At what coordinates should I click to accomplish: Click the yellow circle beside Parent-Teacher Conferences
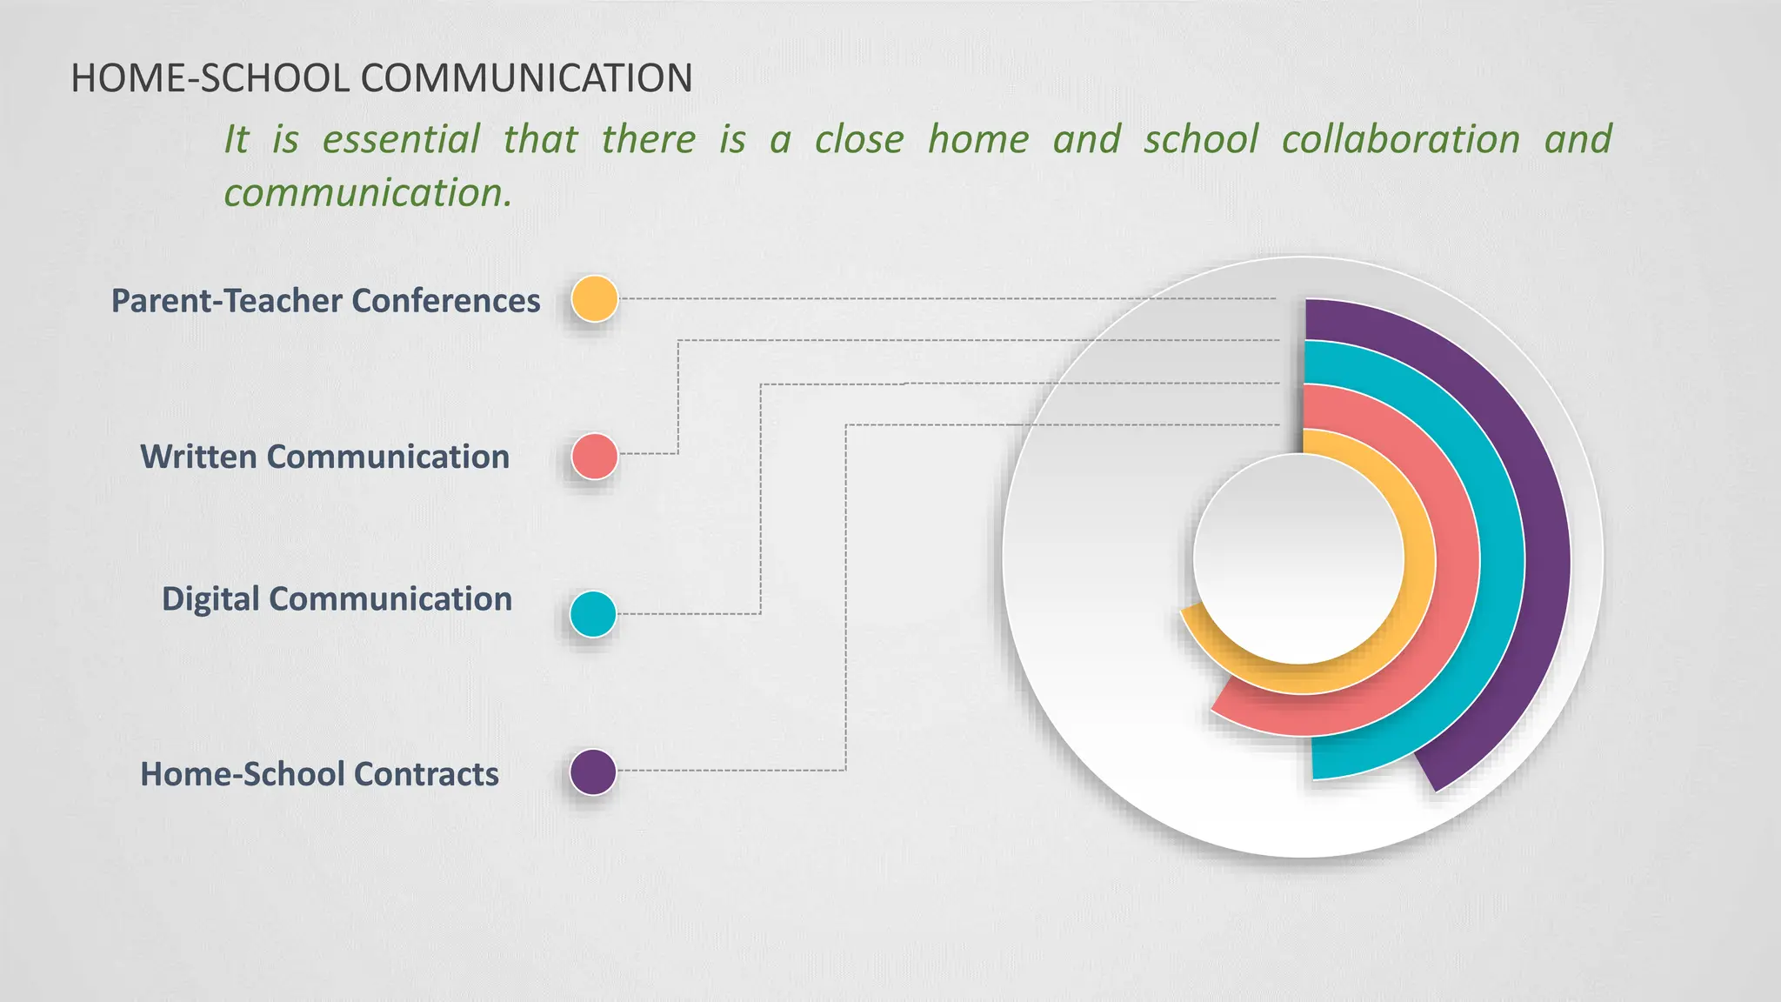[x=595, y=298]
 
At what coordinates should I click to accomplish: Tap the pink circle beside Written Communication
[x=595, y=456]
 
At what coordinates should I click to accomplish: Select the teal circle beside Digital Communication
[x=593, y=614]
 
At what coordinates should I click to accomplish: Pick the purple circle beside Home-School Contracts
[x=593, y=772]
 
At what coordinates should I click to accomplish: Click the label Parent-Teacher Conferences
[x=325, y=301]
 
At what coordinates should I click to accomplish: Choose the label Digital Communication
[x=337, y=599]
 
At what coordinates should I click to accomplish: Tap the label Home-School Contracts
[x=319, y=774]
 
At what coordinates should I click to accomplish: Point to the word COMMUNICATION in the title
[x=526, y=78]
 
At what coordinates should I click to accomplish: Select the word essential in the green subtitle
[x=401, y=139]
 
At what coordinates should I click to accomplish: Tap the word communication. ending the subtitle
[x=368, y=192]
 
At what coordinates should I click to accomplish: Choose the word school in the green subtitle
[x=1201, y=139]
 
